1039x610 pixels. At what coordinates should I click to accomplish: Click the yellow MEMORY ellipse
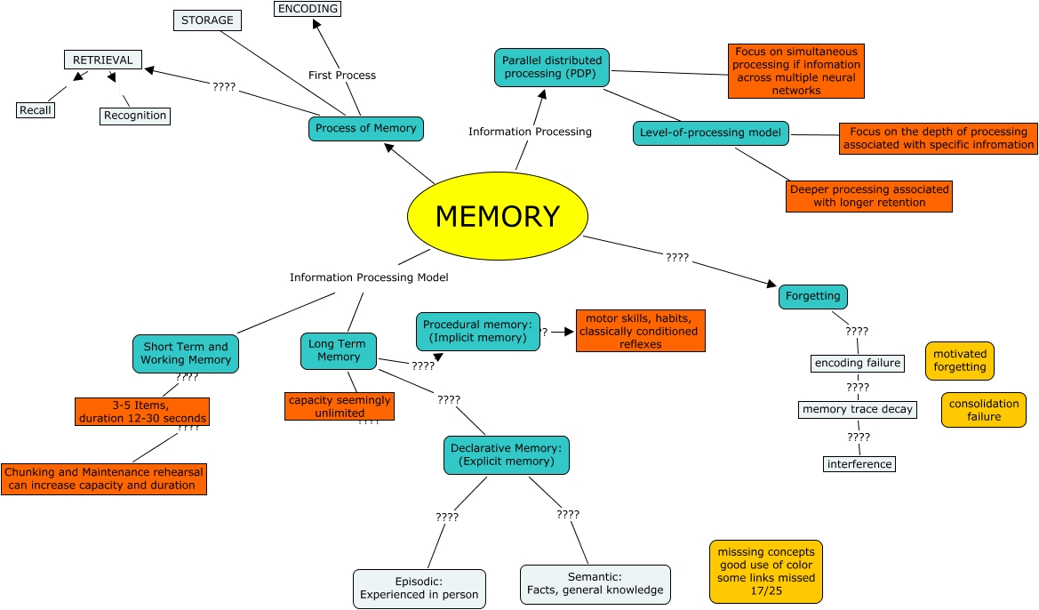[498, 217]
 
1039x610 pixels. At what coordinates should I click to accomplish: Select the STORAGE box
[207, 20]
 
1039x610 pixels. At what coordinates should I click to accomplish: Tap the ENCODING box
[308, 9]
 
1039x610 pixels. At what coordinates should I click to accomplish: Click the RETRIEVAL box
[103, 60]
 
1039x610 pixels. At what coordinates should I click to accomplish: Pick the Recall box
[35, 110]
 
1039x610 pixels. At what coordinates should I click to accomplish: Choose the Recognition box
[134, 116]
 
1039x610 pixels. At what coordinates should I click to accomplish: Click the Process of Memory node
[366, 128]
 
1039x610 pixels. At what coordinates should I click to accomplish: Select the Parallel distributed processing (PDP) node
[552, 67]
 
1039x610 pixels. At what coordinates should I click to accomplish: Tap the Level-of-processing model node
[711, 133]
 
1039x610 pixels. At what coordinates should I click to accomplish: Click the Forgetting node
[813, 296]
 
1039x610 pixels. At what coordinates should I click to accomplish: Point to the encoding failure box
[858, 363]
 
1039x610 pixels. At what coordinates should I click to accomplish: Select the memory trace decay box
[857, 410]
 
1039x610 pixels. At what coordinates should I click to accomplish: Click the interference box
[859, 464]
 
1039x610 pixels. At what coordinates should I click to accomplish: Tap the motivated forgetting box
[960, 361]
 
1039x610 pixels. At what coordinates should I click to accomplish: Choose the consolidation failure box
[984, 410]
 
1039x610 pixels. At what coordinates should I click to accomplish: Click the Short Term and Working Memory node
[186, 353]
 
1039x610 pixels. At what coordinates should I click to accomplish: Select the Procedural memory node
[478, 332]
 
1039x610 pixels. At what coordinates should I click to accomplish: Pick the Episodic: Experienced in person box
[420, 589]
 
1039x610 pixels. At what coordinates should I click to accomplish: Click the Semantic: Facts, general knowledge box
[595, 584]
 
